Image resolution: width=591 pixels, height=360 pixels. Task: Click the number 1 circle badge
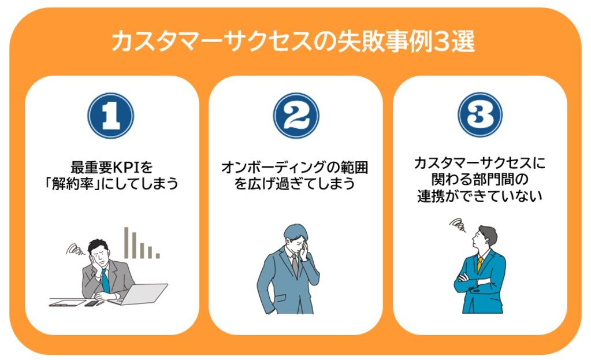click(x=111, y=115)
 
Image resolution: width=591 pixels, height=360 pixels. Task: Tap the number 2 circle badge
click(x=296, y=115)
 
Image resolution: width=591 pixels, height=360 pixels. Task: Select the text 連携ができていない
click(x=480, y=196)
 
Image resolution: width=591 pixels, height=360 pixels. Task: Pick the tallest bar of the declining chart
click(x=127, y=242)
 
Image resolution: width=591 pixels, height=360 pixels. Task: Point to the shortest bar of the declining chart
click(x=158, y=255)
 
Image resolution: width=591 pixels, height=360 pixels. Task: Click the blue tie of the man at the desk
click(x=105, y=281)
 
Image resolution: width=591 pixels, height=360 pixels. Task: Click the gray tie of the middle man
click(x=295, y=265)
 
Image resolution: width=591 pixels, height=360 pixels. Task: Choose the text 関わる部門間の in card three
click(x=480, y=180)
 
